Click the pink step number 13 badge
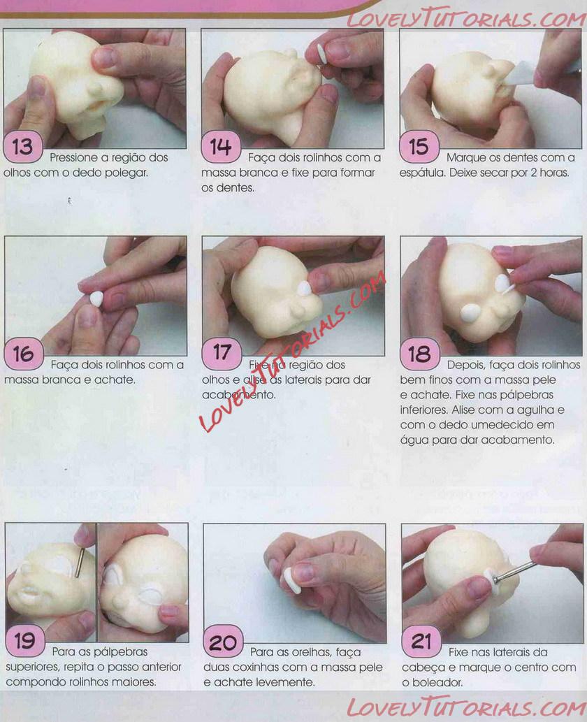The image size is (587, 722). [x=23, y=147]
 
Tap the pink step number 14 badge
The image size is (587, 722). [x=221, y=147]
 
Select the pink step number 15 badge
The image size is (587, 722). [x=419, y=147]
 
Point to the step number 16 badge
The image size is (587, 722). [x=24, y=354]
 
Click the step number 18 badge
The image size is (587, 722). [x=419, y=354]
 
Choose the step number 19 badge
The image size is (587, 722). [x=25, y=640]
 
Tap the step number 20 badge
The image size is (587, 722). [x=223, y=640]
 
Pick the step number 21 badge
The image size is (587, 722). [x=421, y=640]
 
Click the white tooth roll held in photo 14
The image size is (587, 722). [x=322, y=55]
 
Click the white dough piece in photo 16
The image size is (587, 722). [x=96, y=298]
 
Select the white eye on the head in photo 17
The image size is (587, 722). [x=305, y=289]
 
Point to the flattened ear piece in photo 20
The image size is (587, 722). [x=291, y=580]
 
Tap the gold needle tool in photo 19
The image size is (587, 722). [x=79, y=562]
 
